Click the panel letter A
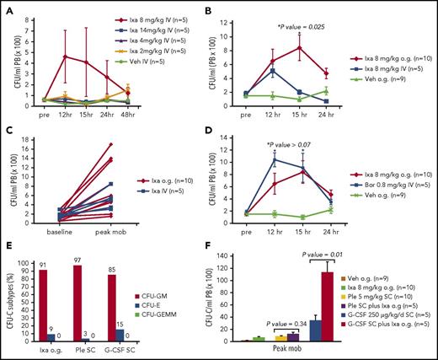[6, 8]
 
